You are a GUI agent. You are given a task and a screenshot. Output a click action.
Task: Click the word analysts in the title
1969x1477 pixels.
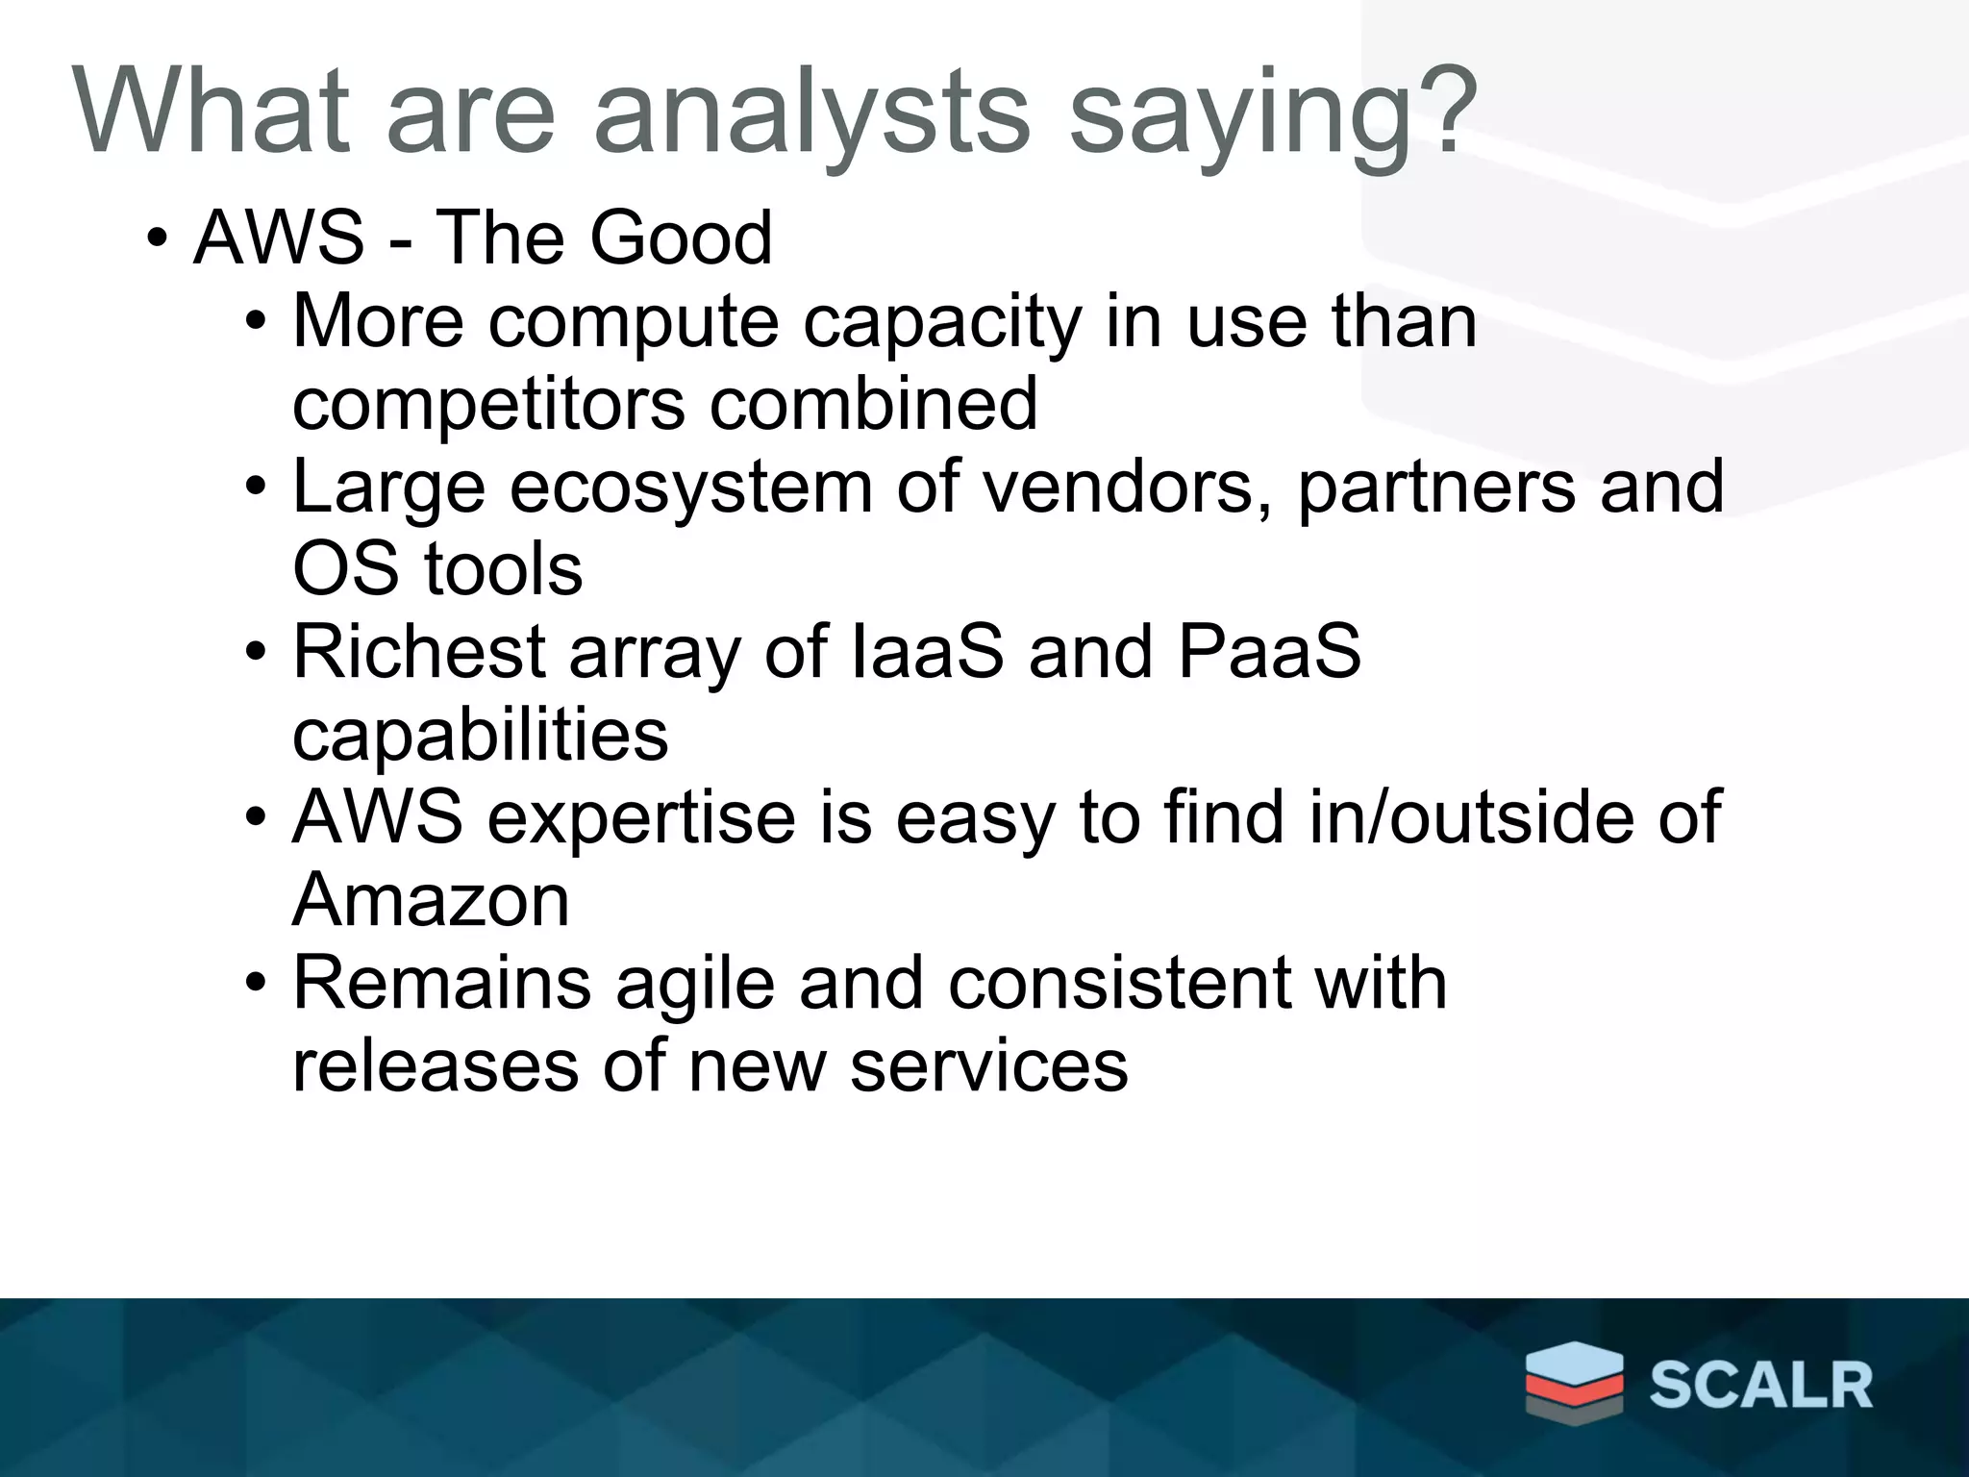click(x=812, y=113)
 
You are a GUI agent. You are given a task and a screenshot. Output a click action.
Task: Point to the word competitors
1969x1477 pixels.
click(x=487, y=404)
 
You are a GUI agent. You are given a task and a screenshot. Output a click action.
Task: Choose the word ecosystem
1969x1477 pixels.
click(x=690, y=487)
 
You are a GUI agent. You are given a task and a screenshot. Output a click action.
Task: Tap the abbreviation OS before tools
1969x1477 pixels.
click(x=345, y=569)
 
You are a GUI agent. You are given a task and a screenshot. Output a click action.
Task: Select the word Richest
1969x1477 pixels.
click(x=419, y=652)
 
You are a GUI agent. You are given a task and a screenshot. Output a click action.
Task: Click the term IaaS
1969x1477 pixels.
click(x=928, y=652)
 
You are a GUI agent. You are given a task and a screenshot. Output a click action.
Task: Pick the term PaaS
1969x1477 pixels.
click(x=1268, y=652)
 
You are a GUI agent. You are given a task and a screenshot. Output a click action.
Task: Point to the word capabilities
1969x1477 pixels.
click(x=480, y=736)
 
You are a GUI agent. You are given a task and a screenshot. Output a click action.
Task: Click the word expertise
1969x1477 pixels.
click(x=641, y=818)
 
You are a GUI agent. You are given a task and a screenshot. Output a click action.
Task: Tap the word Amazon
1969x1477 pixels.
click(x=431, y=901)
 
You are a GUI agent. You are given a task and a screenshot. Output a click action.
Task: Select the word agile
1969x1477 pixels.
click(x=694, y=984)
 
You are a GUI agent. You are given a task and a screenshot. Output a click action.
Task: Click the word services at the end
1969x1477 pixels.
click(x=988, y=1066)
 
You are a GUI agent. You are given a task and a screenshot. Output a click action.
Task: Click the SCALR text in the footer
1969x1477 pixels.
click(x=1760, y=1386)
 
